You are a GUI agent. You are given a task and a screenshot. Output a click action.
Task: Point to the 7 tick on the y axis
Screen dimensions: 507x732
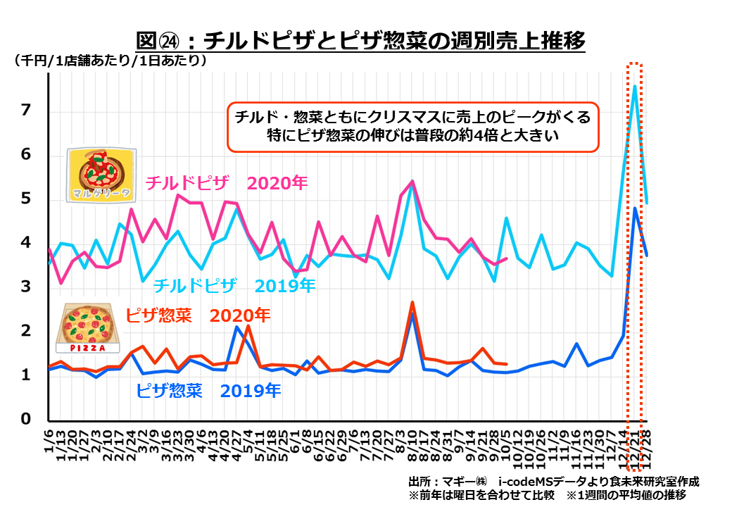pos(27,111)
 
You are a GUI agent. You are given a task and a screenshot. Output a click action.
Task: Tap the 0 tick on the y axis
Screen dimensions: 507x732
pos(27,420)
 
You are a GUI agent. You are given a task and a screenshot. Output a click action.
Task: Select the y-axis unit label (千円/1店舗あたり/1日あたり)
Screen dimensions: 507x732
pos(110,61)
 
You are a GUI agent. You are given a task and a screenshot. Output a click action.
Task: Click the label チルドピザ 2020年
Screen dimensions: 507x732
pos(227,183)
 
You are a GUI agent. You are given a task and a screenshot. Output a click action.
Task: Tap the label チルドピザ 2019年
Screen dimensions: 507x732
pos(234,286)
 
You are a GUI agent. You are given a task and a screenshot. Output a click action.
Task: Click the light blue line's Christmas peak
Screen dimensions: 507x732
pos(635,87)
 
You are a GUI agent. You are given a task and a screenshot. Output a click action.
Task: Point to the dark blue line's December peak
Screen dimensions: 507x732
pos(635,208)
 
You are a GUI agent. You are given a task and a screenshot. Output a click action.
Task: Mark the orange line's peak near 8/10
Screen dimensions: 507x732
pos(412,303)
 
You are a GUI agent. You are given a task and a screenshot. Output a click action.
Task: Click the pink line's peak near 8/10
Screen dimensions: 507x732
pos(412,182)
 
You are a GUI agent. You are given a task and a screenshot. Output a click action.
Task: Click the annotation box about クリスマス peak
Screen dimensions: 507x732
pos(412,125)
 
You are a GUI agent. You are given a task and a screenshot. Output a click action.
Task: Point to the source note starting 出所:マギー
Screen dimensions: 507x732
pos(553,481)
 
